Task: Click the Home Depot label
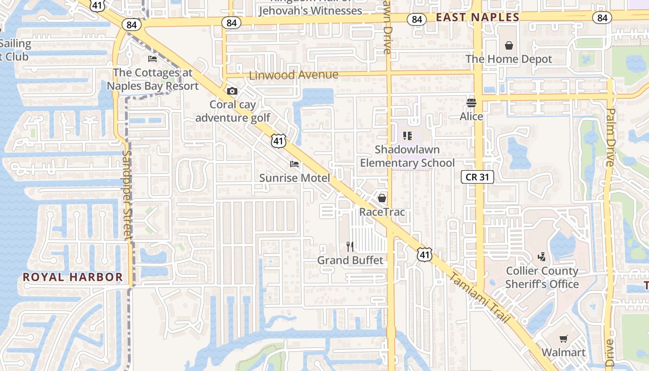[509, 59]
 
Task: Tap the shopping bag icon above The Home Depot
[509, 45]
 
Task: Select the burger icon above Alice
[471, 102]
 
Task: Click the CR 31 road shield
[477, 177]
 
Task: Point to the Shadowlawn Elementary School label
[407, 156]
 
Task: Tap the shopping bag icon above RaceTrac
[382, 198]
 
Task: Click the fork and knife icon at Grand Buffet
[350, 246]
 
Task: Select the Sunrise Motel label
[295, 178]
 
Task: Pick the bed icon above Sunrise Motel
[294, 164]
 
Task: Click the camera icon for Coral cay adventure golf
[232, 91]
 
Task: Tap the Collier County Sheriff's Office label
[542, 277]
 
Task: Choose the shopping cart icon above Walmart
[563, 339]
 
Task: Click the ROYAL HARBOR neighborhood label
[73, 277]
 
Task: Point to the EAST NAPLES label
[477, 17]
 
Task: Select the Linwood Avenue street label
[294, 75]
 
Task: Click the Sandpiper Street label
[128, 195]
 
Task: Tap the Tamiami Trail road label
[480, 298]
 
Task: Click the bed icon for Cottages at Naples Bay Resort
[152, 59]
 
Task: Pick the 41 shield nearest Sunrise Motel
[278, 141]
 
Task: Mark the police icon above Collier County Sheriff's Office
[541, 256]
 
